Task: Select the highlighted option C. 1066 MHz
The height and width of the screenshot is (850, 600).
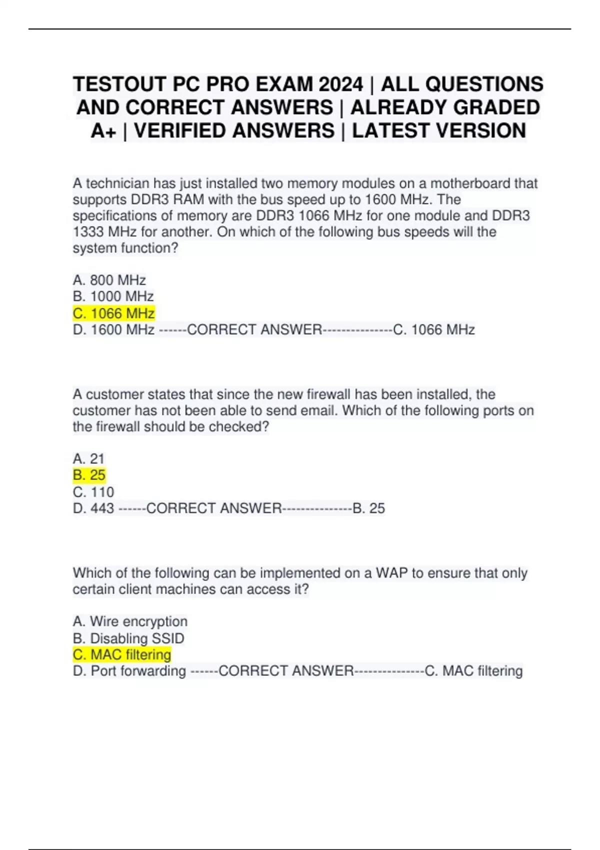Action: pyautogui.click(x=113, y=313)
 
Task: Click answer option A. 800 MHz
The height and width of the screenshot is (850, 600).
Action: pyautogui.click(x=109, y=280)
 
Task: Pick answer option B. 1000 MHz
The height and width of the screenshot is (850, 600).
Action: pyautogui.click(x=113, y=296)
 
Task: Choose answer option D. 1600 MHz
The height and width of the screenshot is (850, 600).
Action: pyautogui.click(x=113, y=330)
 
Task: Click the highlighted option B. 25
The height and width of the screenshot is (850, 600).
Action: pyautogui.click(x=89, y=475)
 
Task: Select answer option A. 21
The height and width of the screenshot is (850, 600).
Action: pyautogui.click(x=88, y=458)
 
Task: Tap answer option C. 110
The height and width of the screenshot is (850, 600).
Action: pyautogui.click(x=93, y=492)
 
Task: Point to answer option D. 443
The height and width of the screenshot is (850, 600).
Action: pyautogui.click(x=93, y=508)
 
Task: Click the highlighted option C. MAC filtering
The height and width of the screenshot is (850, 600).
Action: pyautogui.click(x=121, y=654)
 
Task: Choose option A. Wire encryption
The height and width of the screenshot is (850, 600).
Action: pyautogui.click(x=130, y=621)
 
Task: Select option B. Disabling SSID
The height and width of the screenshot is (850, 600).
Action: pyautogui.click(x=128, y=638)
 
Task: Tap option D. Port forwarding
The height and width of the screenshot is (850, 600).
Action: pyautogui.click(x=129, y=671)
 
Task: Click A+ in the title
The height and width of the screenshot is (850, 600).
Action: pyautogui.click(x=103, y=131)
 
